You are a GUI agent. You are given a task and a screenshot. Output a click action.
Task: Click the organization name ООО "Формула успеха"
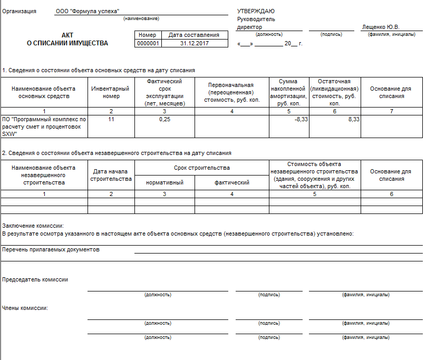[88, 11]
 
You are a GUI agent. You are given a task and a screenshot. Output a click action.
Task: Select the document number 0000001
[148, 44]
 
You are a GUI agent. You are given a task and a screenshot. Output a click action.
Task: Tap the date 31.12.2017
[194, 44]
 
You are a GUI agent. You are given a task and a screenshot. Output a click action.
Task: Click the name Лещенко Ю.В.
[381, 27]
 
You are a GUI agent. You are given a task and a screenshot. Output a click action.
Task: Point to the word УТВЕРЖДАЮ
[256, 11]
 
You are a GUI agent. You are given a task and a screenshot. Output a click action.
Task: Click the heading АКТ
[67, 35]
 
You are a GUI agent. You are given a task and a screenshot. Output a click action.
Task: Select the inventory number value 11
[111, 120]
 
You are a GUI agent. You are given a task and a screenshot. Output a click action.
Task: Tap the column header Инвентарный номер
[111, 93]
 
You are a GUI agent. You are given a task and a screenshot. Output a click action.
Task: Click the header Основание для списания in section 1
[391, 93]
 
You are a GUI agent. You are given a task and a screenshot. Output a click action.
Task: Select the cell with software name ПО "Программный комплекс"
[44, 127]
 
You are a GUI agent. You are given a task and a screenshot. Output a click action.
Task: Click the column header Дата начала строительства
[111, 175]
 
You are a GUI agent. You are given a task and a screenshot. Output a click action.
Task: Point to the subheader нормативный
[164, 183]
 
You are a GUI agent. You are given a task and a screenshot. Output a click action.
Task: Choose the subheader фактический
[232, 183]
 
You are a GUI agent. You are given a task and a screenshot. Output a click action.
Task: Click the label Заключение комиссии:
[33, 226]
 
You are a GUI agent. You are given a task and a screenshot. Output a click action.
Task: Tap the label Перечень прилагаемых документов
[51, 249]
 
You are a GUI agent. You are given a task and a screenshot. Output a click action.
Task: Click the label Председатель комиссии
[35, 279]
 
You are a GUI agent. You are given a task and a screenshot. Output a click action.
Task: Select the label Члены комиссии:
[25, 307]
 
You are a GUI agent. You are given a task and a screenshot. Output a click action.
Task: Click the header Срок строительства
[202, 168]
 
